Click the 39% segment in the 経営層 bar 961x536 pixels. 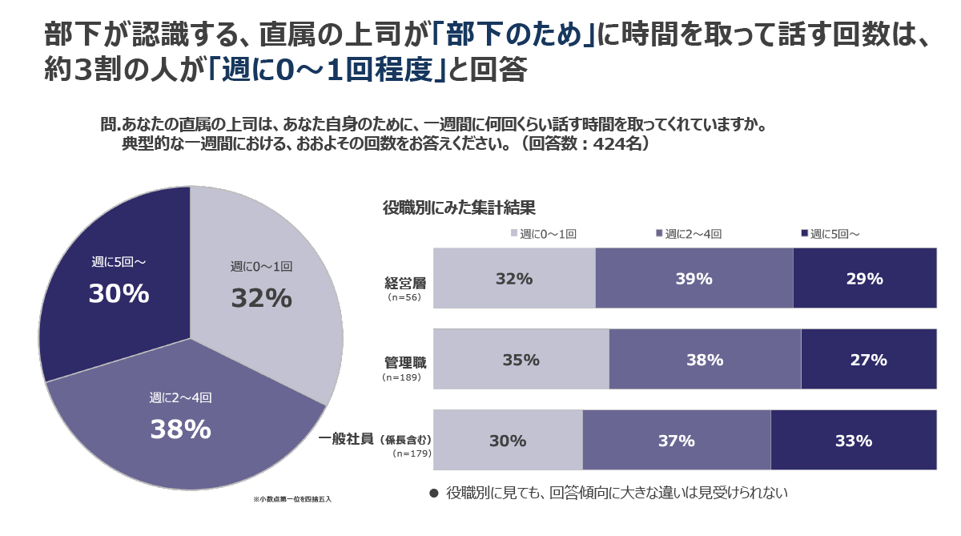tap(694, 278)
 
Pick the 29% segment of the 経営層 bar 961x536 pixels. tap(865, 278)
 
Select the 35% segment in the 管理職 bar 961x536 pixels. tap(521, 359)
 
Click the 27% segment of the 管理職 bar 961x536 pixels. tap(869, 359)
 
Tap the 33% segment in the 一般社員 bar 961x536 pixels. tap(854, 440)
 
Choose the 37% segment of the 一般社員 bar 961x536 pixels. tap(676, 440)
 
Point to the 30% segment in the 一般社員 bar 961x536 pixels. tap(508, 440)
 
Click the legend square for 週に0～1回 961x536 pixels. tap(514, 234)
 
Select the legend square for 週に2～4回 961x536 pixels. tap(659, 234)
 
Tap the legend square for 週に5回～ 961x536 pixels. tap(804, 234)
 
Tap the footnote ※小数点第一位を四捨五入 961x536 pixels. tap(292, 498)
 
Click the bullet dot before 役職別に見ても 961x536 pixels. tap(434, 493)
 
